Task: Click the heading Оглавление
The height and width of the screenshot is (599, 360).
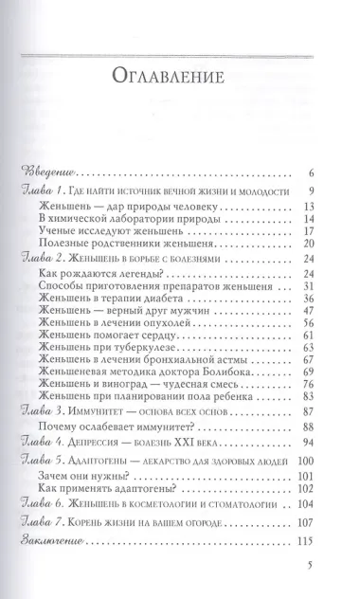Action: tap(179, 75)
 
